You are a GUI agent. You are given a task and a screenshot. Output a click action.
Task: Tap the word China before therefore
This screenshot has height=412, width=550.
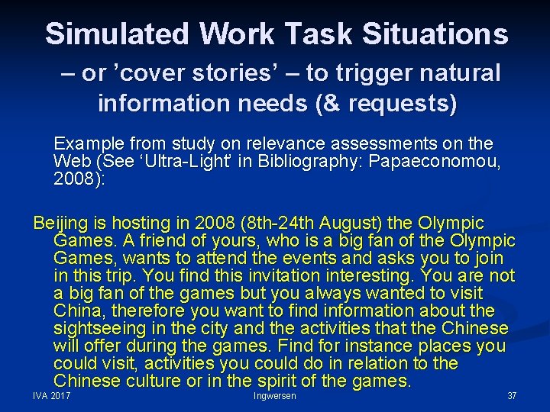(x=78, y=311)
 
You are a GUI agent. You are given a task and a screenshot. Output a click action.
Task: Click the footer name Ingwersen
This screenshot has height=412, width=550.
(x=274, y=396)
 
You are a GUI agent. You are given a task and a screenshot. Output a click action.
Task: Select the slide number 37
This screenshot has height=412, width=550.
(x=512, y=396)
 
